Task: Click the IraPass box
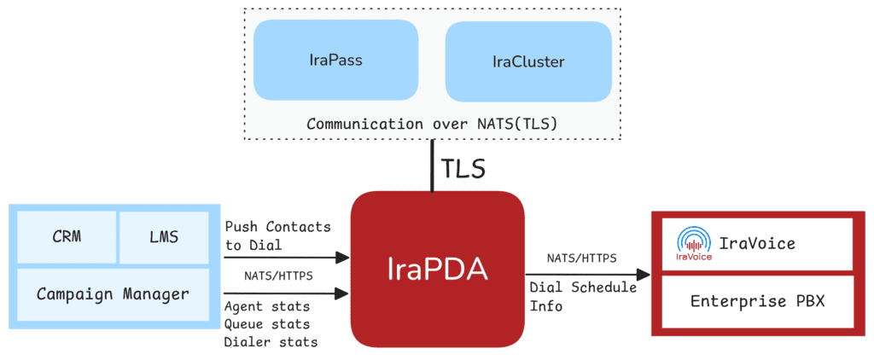pos(335,61)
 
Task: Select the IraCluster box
pos(528,62)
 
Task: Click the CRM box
pos(64,236)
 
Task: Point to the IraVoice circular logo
pos(693,241)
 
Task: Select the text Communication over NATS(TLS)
pos(432,124)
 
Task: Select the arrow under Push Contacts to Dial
pos(285,256)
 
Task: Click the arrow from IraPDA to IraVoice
pos(588,275)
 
